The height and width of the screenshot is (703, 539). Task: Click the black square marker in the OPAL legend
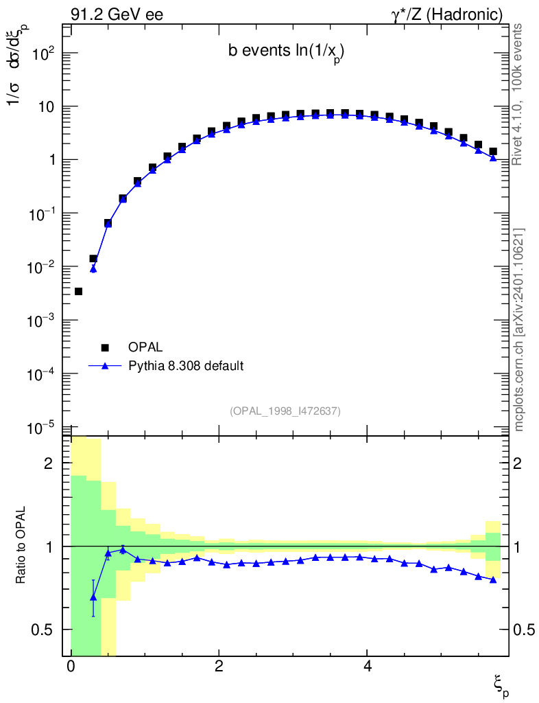click(x=105, y=347)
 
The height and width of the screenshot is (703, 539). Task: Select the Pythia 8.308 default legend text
click(x=186, y=366)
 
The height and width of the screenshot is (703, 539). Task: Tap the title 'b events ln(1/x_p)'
click(x=287, y=52)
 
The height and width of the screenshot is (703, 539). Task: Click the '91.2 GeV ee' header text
click(x=117, y=14)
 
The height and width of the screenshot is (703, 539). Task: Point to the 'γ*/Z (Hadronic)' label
click(x=447, y=15)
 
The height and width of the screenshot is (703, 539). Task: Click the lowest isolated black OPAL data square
click(x=78, y=291)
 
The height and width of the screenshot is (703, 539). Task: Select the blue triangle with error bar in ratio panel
click(x=93, y=598)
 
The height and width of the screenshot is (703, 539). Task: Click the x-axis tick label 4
click(x=368, y=666)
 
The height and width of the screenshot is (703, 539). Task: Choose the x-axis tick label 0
click(x=71, y=666)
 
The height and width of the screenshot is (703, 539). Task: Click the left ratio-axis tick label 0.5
click(x=42, y=630)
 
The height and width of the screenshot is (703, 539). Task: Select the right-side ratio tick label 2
click(x=518, y=463)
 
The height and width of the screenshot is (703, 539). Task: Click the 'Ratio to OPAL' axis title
click(x=20, y=545)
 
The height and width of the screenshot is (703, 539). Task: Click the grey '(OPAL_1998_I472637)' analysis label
click(x=285, y=411)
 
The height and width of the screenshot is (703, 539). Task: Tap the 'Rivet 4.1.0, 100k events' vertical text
click(x=517, y=95)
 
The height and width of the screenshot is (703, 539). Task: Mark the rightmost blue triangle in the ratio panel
click(x=493, y=579)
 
